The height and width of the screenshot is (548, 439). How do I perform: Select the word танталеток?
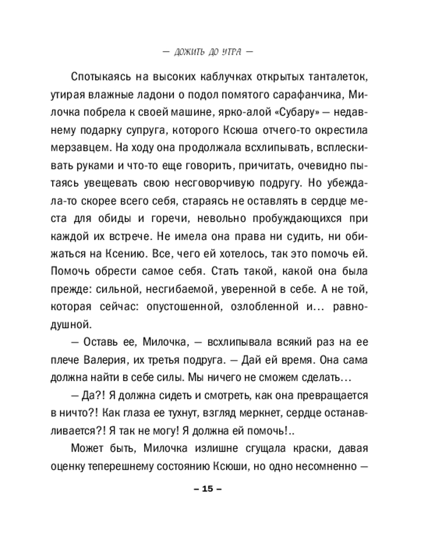[333, 75]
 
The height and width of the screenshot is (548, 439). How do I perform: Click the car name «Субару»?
[281, 113]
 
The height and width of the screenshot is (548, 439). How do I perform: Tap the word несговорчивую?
[243, 170]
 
